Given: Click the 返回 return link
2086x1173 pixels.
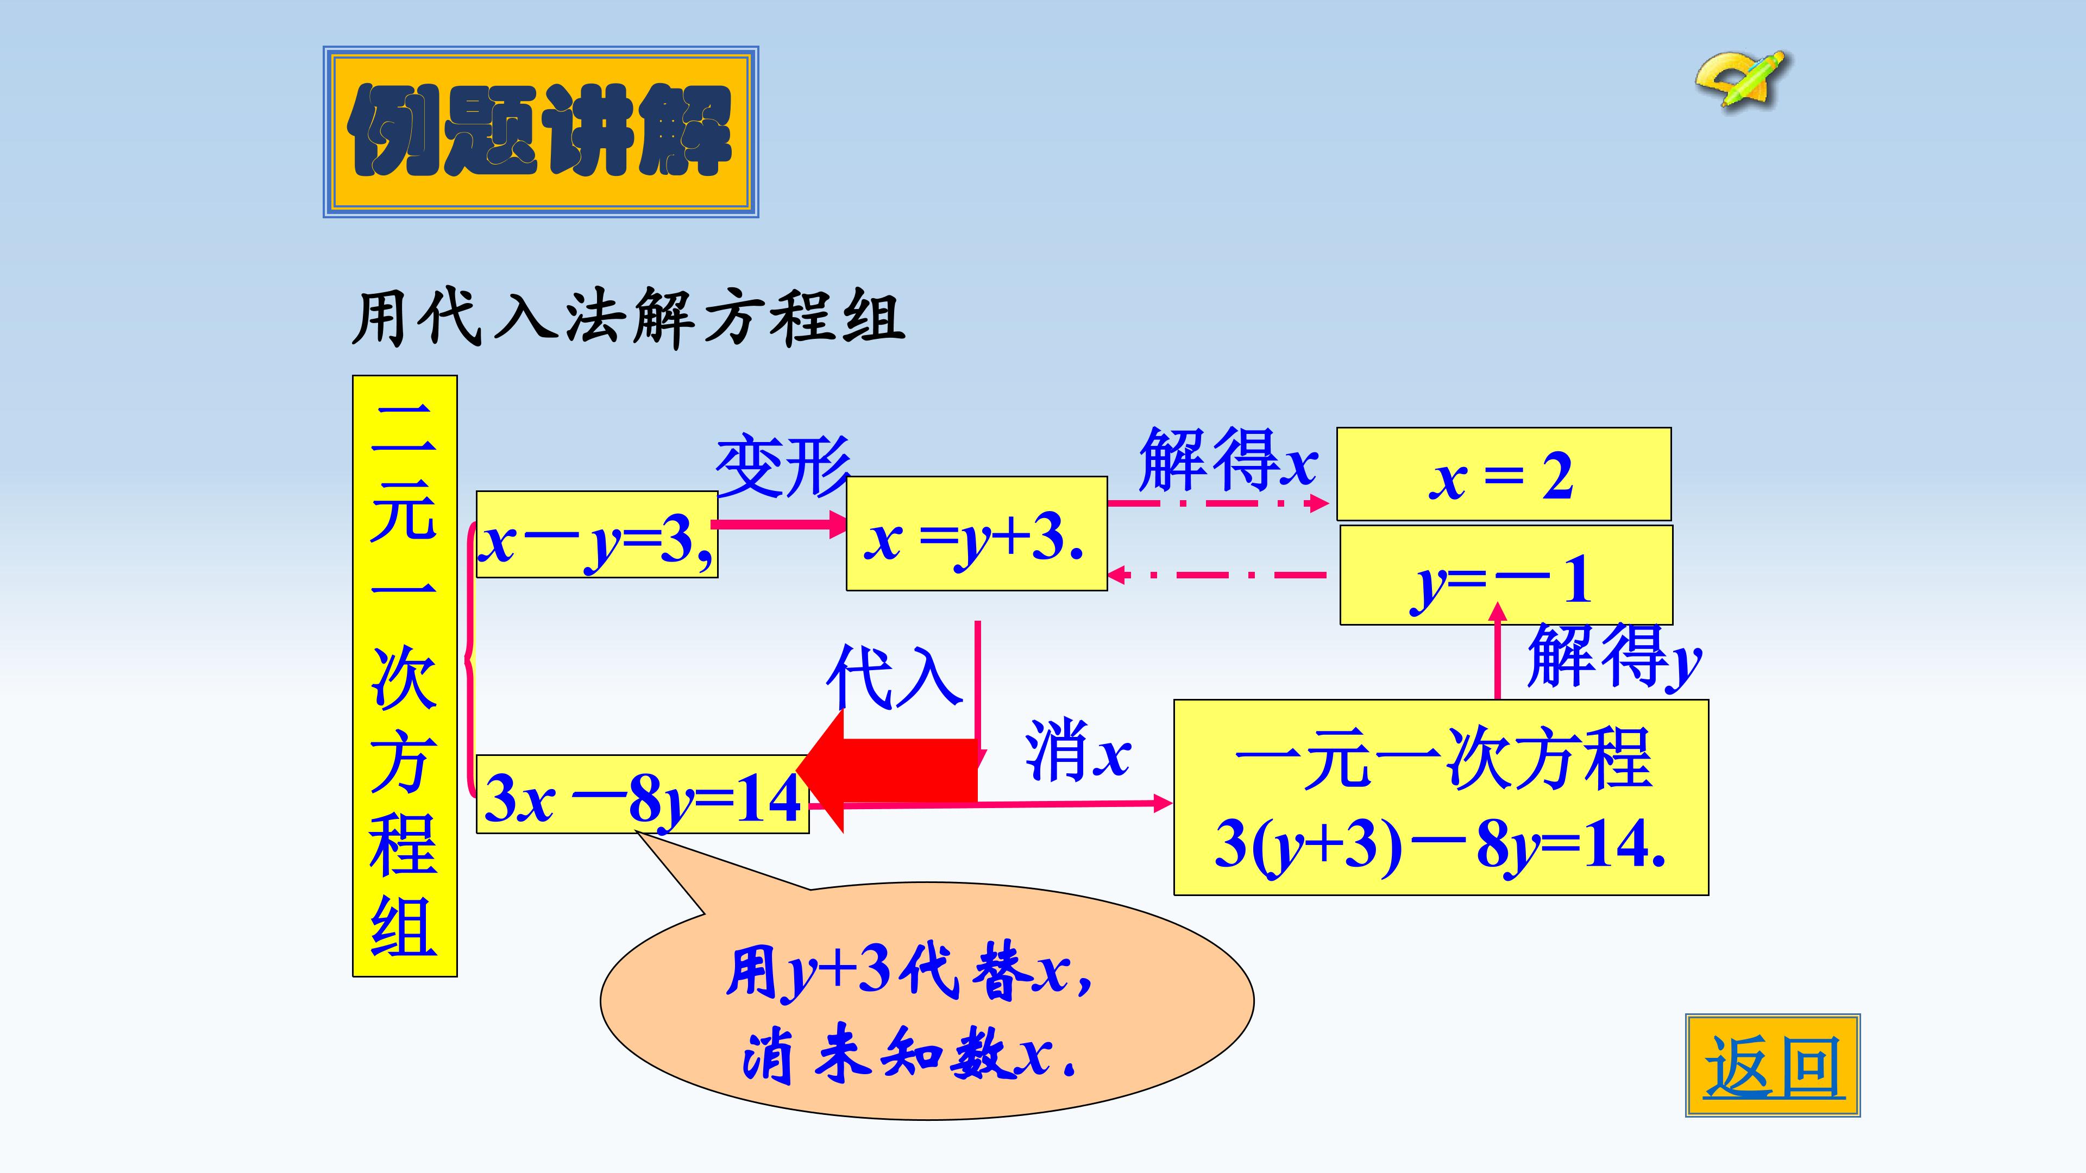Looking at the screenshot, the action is (x=1773, y=1065).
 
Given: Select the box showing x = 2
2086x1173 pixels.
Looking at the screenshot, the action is (x=1504, y=475).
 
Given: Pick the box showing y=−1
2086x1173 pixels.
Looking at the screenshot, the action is (x=1506, y=575).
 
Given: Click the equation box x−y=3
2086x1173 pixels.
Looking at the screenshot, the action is (x=597, y=534).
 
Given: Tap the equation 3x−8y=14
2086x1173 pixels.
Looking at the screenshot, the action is (x=642, y=794).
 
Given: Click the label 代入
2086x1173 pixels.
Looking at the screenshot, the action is (x=894, y=677).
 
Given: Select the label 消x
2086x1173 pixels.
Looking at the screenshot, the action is (x=1077, y=751).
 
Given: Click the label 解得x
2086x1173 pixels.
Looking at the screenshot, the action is (x=1228, y=460).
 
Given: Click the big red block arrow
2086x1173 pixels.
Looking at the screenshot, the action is (x=888, y=771).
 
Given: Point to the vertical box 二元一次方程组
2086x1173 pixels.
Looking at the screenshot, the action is (x=405, y=676).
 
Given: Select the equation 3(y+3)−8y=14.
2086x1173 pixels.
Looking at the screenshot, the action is (x=1440, y=844).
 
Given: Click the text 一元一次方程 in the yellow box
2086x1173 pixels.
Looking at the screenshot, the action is (x=1442, y=759).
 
